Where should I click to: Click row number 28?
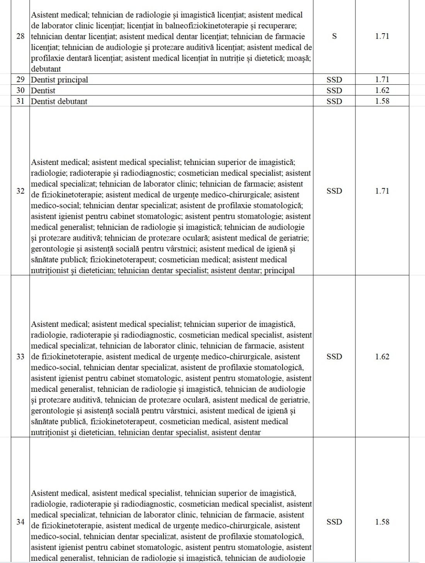tap(20, 36)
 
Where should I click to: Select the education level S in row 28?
tap(334, 36)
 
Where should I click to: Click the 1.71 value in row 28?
tap(382, 36)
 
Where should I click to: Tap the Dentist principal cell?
tap(59, 80)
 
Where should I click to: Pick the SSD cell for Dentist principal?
tap(334, 80)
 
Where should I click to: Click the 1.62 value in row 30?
tap(382, 90)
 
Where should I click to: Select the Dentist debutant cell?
tap(59, 101)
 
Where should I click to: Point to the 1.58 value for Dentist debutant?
tap(382, 101)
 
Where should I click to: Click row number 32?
tap(20, 191)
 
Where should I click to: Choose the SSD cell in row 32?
tap(334, 191)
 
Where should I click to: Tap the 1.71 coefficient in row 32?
tap(382, 191)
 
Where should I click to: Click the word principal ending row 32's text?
tap(279, 270)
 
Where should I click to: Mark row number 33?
tap(20, 356)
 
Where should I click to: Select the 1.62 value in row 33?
tap(382, 356)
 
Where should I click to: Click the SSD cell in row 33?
tap(334, 356)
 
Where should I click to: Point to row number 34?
tap(20, 522)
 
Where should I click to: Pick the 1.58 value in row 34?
tap(382, 522)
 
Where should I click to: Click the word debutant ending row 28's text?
tap(46, 69)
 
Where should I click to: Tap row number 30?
tap(20, 90)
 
